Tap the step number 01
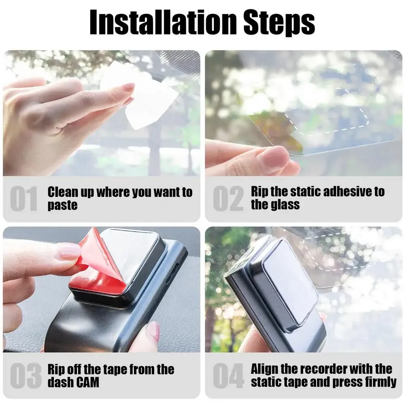click(x=23, y=198)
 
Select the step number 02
click(x=228, y=198)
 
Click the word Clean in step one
click(x=63, y=192)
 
